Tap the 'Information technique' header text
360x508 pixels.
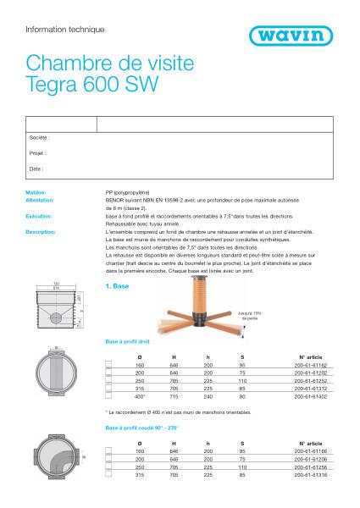click(x=65, y=30)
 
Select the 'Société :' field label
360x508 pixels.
click(x=40, y=136)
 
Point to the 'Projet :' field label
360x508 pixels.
click(x=38, y=153)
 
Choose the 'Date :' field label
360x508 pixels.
click(x=36, y=169)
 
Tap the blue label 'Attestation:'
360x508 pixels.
click(x=40, y=200)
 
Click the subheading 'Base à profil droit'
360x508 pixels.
click(x=130, y=341)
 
